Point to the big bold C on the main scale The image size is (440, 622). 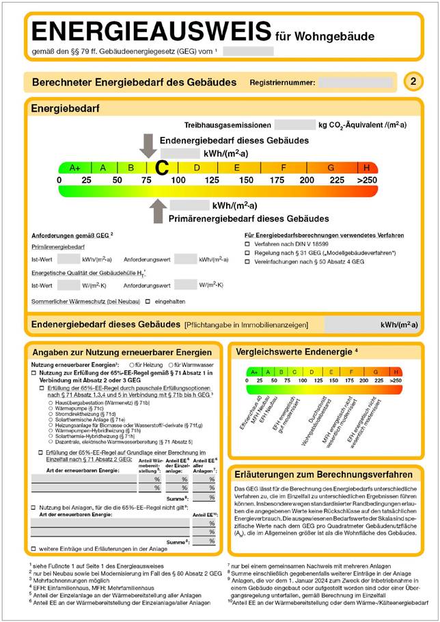[161, 168]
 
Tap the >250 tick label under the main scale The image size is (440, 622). [367, 180]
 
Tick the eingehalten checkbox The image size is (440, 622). [148, 301]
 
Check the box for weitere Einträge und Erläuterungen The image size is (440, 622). [34, 549]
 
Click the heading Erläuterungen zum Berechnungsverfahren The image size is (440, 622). [322, 474]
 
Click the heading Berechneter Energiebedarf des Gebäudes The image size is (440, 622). [134, 83]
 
